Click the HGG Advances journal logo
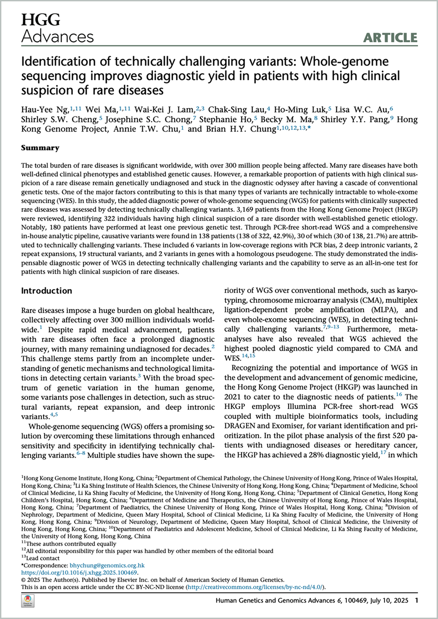57,28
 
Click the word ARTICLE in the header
390,38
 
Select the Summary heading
40,148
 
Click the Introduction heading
46,291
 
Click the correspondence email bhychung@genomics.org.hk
107,566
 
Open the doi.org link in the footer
79,573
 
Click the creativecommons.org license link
255,587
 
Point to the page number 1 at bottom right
416,600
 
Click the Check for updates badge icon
28,601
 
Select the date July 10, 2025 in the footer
389,600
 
